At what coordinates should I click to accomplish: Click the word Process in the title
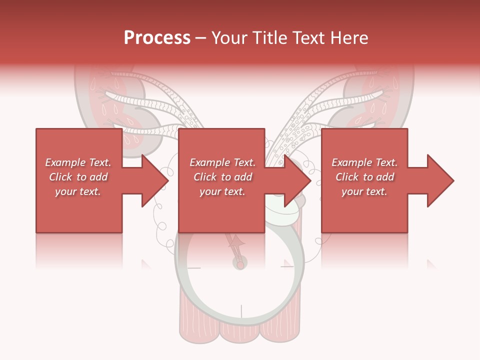(157, 38)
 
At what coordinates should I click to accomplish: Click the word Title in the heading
(270, 38)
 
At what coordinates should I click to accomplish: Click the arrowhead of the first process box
(154, 180)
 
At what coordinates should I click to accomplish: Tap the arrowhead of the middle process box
(297, 180)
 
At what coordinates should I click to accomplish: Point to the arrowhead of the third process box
(440, 180)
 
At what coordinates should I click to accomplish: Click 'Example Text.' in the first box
(78, 162)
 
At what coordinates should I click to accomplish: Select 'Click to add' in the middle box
(222, 177)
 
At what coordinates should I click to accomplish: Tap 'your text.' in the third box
(364, 191)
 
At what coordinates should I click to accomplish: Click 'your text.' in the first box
(78, 191)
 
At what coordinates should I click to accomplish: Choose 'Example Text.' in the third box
(364, 162)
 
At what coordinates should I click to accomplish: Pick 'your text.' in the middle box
(222, 191)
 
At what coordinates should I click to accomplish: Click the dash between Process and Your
(200, 38)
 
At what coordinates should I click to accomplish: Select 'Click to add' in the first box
(78, 177)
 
